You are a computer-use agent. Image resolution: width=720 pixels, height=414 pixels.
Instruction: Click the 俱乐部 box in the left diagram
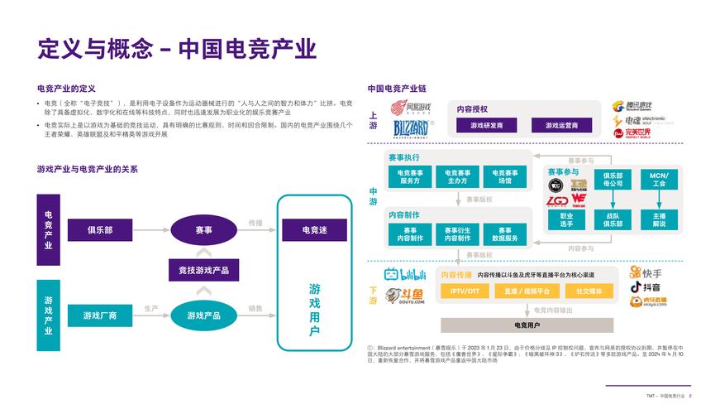click(100, 230)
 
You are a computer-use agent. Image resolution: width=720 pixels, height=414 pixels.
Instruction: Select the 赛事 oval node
click(203, 230)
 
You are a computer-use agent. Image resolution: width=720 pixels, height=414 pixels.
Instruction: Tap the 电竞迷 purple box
click(314, 230)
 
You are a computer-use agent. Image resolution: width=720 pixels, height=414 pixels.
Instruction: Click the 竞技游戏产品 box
click(203, 270)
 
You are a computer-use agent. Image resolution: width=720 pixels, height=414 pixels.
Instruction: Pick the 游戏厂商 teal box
click(100, 315)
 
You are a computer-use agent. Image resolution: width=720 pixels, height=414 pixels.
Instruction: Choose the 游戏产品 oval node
click(203, 315)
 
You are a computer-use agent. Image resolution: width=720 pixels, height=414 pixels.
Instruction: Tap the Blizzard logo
click(411, 128)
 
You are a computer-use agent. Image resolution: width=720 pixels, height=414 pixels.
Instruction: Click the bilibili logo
click(404, 275)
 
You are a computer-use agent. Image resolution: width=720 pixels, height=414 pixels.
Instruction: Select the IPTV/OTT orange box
click(465, 291)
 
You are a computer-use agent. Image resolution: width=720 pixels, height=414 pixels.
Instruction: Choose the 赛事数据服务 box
click(504, 234)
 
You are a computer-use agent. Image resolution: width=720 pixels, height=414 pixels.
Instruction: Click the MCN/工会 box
click(659, 180)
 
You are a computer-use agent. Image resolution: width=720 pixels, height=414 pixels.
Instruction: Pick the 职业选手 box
click(566, 219)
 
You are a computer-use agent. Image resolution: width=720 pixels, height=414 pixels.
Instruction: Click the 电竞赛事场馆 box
click(504, 176)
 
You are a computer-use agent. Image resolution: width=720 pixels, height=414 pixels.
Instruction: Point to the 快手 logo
click(646, 272)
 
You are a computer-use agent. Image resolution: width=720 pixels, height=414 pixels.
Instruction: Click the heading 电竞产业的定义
click(67, 89)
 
